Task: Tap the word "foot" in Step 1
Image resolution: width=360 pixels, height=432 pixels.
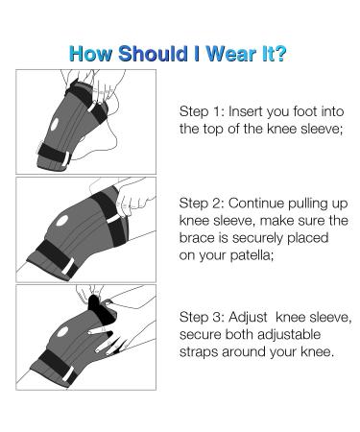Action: (x=308, y=111)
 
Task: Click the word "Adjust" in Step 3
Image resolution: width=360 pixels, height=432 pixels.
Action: (x=252, y=317)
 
